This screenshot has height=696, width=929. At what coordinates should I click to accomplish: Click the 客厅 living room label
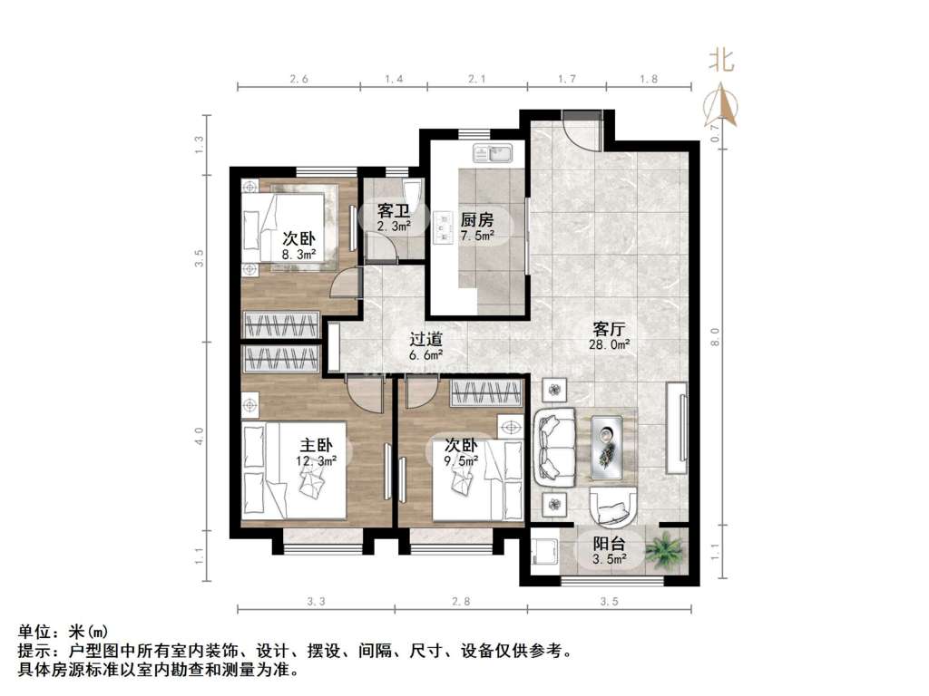(609, 328)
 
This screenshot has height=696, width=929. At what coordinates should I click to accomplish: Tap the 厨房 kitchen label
(477, 220)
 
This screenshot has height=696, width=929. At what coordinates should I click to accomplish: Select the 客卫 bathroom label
(394, 211)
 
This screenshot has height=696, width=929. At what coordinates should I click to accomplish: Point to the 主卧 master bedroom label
(316, 445)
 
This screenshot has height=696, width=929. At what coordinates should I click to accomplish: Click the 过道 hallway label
(426, 340)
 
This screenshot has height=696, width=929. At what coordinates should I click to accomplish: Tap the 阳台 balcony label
(610, 544)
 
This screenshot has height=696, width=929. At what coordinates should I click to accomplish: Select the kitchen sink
(493, 152)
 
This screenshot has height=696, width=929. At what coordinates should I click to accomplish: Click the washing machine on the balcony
(544, 552)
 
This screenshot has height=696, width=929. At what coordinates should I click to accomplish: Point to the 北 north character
(722, 60)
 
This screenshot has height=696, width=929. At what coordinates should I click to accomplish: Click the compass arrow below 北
(721, 104)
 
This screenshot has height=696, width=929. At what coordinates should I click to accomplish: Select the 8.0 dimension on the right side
(715, 337)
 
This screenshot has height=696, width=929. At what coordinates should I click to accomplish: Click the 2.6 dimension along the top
(298, 79)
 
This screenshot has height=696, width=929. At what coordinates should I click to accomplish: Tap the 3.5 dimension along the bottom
(609, 602)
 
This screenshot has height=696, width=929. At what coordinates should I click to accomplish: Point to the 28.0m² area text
(609, 344)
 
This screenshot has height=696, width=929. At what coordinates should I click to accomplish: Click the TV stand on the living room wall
(677, 428)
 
